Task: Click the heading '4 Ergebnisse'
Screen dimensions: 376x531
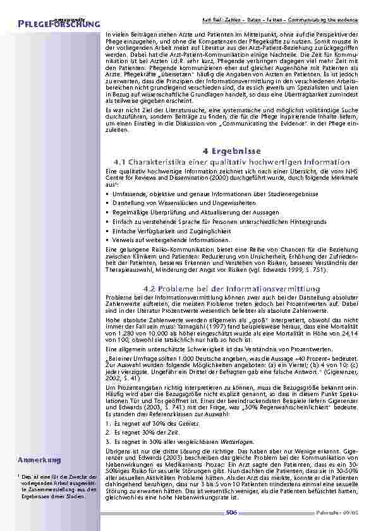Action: point(228,152)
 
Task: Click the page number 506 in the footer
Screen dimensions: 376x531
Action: point(231,513)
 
